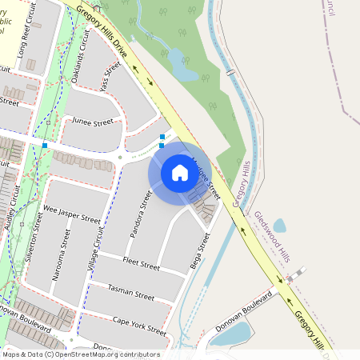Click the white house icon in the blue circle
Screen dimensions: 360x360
coord(174,173)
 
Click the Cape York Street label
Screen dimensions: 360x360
coord(139,326)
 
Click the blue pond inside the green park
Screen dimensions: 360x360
coord(184,72)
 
